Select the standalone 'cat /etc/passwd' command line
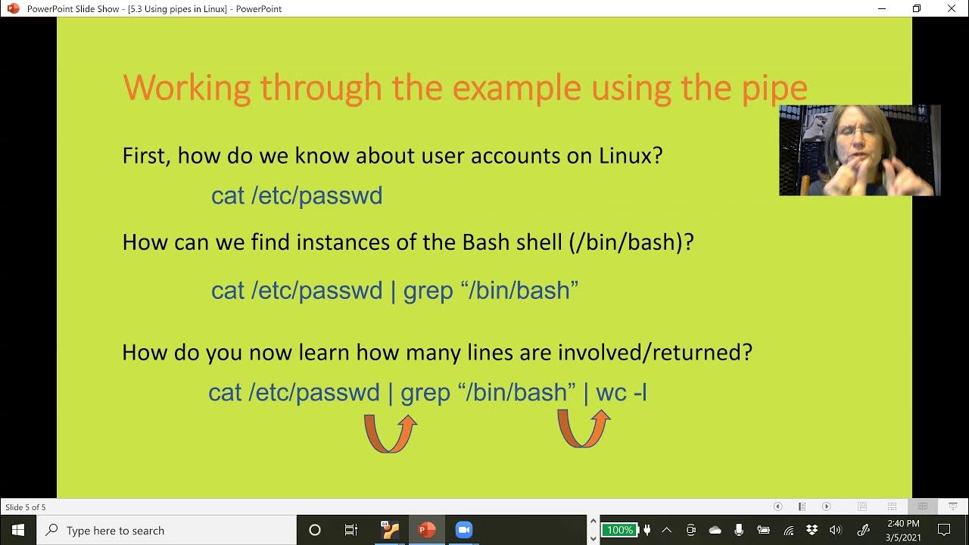(297, 196)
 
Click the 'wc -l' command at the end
(622, 393)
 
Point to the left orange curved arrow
(390, 433)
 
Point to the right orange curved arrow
(584, 428)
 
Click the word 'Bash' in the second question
(490, 242)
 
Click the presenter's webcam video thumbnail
(859, 151)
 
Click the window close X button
(952, 8)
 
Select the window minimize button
(882, 8)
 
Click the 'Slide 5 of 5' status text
(26, 507)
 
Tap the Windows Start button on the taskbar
(18, 530)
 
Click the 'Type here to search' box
(167, 531)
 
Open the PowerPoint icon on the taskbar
(427, 530)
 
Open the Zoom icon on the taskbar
(463, 530)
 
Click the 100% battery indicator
(619, 530)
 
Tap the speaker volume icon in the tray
(835, 530)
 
